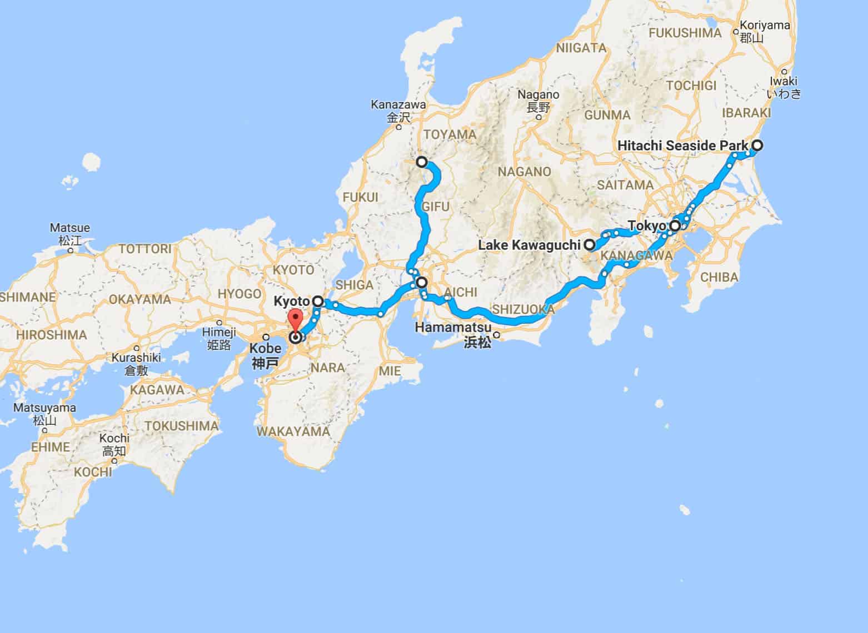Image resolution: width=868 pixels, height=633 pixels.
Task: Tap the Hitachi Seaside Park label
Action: (682, 146)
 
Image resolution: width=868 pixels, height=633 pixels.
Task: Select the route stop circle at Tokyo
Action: (675, 226)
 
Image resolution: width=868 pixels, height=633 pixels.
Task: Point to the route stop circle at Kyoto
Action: (318, 302)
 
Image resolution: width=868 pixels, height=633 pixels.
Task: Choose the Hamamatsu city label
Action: (453, 328)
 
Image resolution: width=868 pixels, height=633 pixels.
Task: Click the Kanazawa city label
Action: (398, 104)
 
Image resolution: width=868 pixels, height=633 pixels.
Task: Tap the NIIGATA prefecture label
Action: (580, 48)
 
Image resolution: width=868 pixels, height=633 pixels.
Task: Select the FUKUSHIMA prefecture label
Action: (685, 33)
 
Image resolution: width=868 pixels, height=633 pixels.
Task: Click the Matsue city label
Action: (69, 228)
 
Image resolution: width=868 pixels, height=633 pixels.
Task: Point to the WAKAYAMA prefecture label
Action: (293, 431)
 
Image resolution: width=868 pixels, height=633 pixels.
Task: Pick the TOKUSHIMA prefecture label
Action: (181, 426)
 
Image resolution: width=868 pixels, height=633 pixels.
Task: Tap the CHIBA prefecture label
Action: (719, 277)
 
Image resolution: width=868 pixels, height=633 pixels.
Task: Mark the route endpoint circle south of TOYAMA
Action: (422, 162)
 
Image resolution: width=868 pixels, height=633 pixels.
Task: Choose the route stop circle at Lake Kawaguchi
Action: (588, 244)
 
